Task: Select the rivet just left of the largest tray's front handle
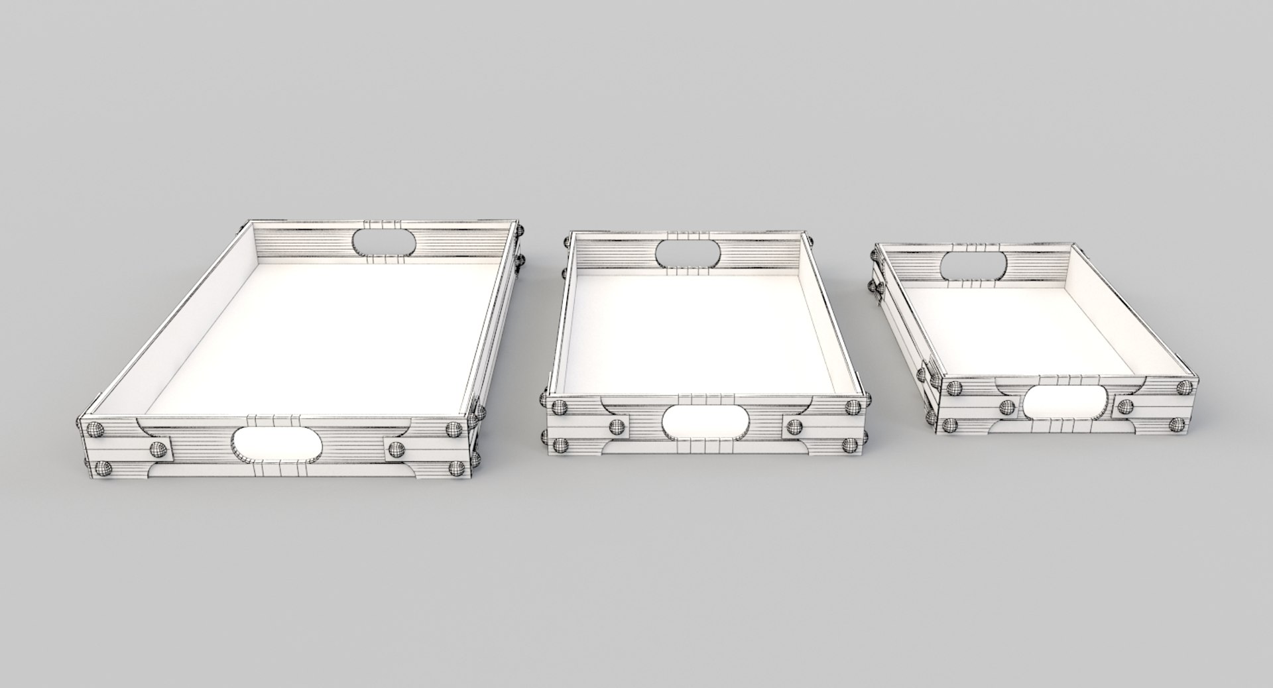(159, 449)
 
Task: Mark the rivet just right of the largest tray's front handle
(396, 449)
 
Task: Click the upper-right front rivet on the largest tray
(454, 430)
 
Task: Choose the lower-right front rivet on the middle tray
(849, 445)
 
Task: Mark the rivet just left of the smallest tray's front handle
(1006, 406)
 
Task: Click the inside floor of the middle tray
(696, 331)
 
